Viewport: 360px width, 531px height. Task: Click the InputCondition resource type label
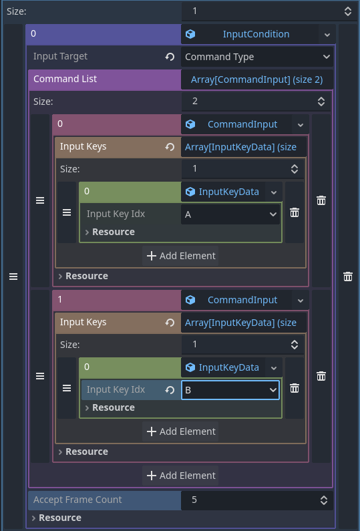click(x=256, y=34)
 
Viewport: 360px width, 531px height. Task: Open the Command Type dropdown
click(x=257, y=57)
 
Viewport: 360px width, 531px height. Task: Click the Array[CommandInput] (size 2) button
click(x=256, y=79)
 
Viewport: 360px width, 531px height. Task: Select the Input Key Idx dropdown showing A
click(x=230, y=214)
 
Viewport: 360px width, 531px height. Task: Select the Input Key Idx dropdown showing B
click(x=230, y=390)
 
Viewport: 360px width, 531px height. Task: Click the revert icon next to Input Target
click(x=170, y=57)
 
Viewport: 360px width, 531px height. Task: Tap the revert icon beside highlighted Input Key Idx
click(x=170, y=390)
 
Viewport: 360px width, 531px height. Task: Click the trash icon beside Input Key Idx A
click(x=295, y=212)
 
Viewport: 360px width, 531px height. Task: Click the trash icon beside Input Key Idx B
click(x=295, y=388)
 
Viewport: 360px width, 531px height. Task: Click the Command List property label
click(x=65, y=79)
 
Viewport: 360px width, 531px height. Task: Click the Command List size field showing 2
click(x=256, y=102)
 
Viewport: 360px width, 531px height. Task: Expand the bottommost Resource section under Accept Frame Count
click(x=57, y=518)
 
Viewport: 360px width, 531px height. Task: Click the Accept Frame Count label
click(x=77, y=500)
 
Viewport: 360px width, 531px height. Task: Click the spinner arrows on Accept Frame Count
click(x=324, y=500)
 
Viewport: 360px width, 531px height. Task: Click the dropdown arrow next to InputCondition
click(x=327, y=35)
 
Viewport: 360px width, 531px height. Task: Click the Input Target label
click(x=60, y=56)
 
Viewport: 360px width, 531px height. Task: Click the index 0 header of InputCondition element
click(x=104, y=34)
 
